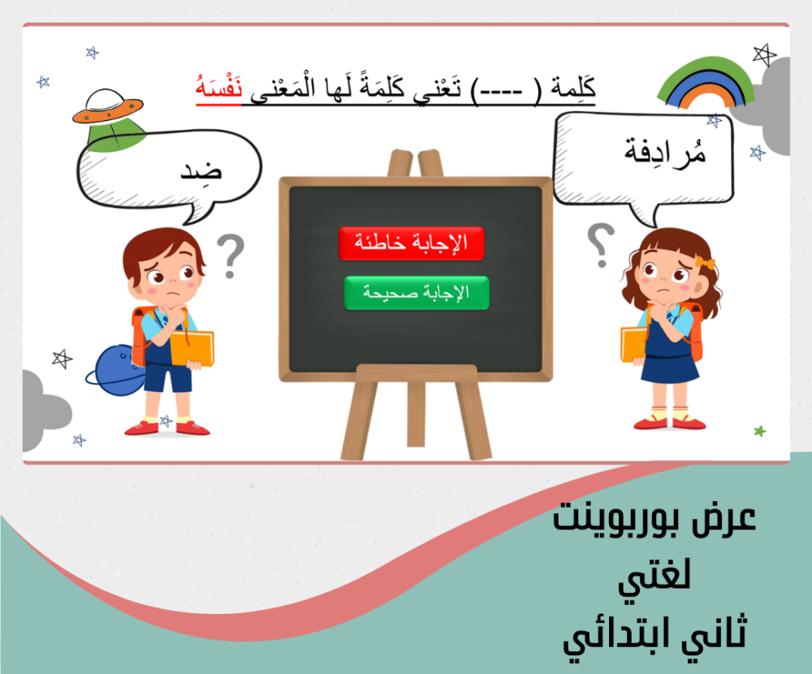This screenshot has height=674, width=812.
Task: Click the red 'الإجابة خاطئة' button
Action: pos(412,243)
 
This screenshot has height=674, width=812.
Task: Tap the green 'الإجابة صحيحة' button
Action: pos(417,292)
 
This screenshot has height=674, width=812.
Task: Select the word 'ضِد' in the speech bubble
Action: pos(201,170)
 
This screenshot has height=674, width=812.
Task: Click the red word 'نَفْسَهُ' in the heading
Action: pos(218,88)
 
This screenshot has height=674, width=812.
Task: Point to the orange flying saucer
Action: pos(108,106)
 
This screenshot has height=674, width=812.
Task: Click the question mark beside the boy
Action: pos(231,257)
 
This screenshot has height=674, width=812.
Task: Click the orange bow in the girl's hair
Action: pos(705,262)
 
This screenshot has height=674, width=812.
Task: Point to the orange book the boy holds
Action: pos(192,348)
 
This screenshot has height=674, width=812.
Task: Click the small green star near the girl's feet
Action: pos(760,431)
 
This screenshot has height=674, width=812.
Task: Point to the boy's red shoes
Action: pos(166,428)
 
